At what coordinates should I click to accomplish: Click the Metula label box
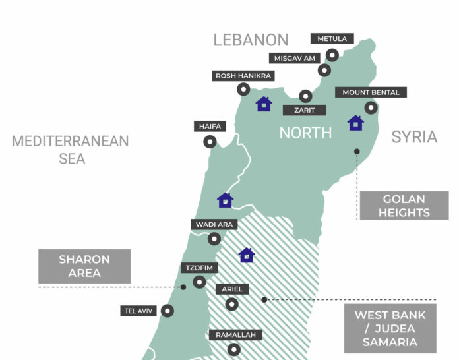click(332, 39)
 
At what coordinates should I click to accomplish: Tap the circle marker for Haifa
click(210, 141)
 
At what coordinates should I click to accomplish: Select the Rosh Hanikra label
click(243, 76)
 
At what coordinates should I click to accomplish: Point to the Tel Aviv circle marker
click(168, 311)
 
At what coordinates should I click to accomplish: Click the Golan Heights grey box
click(404, 206)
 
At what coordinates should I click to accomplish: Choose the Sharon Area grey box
click(84, 266)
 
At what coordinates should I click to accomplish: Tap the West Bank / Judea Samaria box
click(390, 328)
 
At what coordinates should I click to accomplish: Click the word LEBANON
click(251, 40)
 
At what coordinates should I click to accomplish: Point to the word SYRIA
click(414, 137)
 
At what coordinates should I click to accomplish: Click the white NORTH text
click(305, 133)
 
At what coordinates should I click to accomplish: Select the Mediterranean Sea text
click(70, 150)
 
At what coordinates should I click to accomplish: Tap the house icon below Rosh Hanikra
click(264, 104)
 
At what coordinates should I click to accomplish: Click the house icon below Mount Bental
click(355, 123)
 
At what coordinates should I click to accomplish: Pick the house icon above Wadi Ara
click(225, 200)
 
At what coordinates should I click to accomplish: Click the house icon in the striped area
click(247, 255)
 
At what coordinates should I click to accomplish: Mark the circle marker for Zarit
click(305, 96)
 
